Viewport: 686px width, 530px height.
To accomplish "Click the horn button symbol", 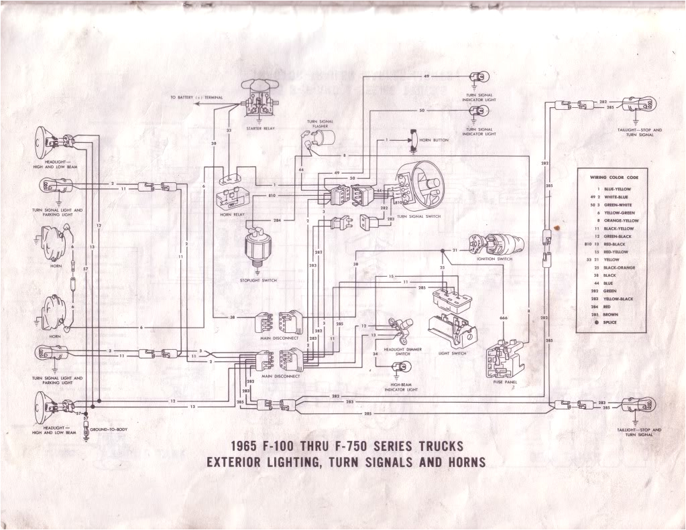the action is coord(412,139).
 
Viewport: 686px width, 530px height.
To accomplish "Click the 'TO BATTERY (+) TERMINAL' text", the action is coord(196,98).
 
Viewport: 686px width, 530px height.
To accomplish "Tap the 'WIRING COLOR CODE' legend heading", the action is coord(614,178).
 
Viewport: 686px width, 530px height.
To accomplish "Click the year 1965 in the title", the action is coord(247,446).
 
